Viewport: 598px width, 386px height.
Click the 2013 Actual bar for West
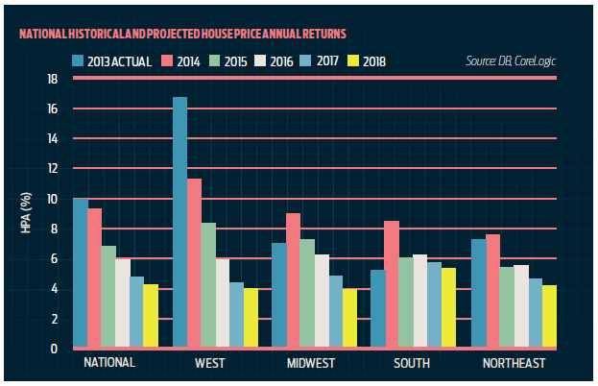(179, 223)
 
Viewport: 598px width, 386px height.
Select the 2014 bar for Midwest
(293, 280)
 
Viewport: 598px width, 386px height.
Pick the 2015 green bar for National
(108, 297)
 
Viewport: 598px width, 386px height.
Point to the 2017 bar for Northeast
(536, 313)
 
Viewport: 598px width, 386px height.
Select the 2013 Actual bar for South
(377, 309)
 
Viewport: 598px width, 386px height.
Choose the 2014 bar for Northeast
(493, 291)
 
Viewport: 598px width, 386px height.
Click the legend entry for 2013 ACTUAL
(114, 61)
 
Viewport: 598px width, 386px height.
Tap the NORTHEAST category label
(514, 363)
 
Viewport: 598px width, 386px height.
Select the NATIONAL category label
(108, 363)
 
